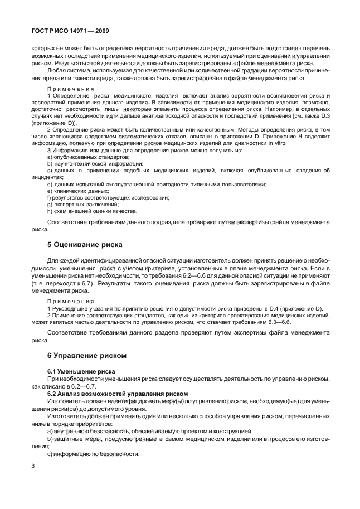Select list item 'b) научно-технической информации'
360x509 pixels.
(x=87, y=164)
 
